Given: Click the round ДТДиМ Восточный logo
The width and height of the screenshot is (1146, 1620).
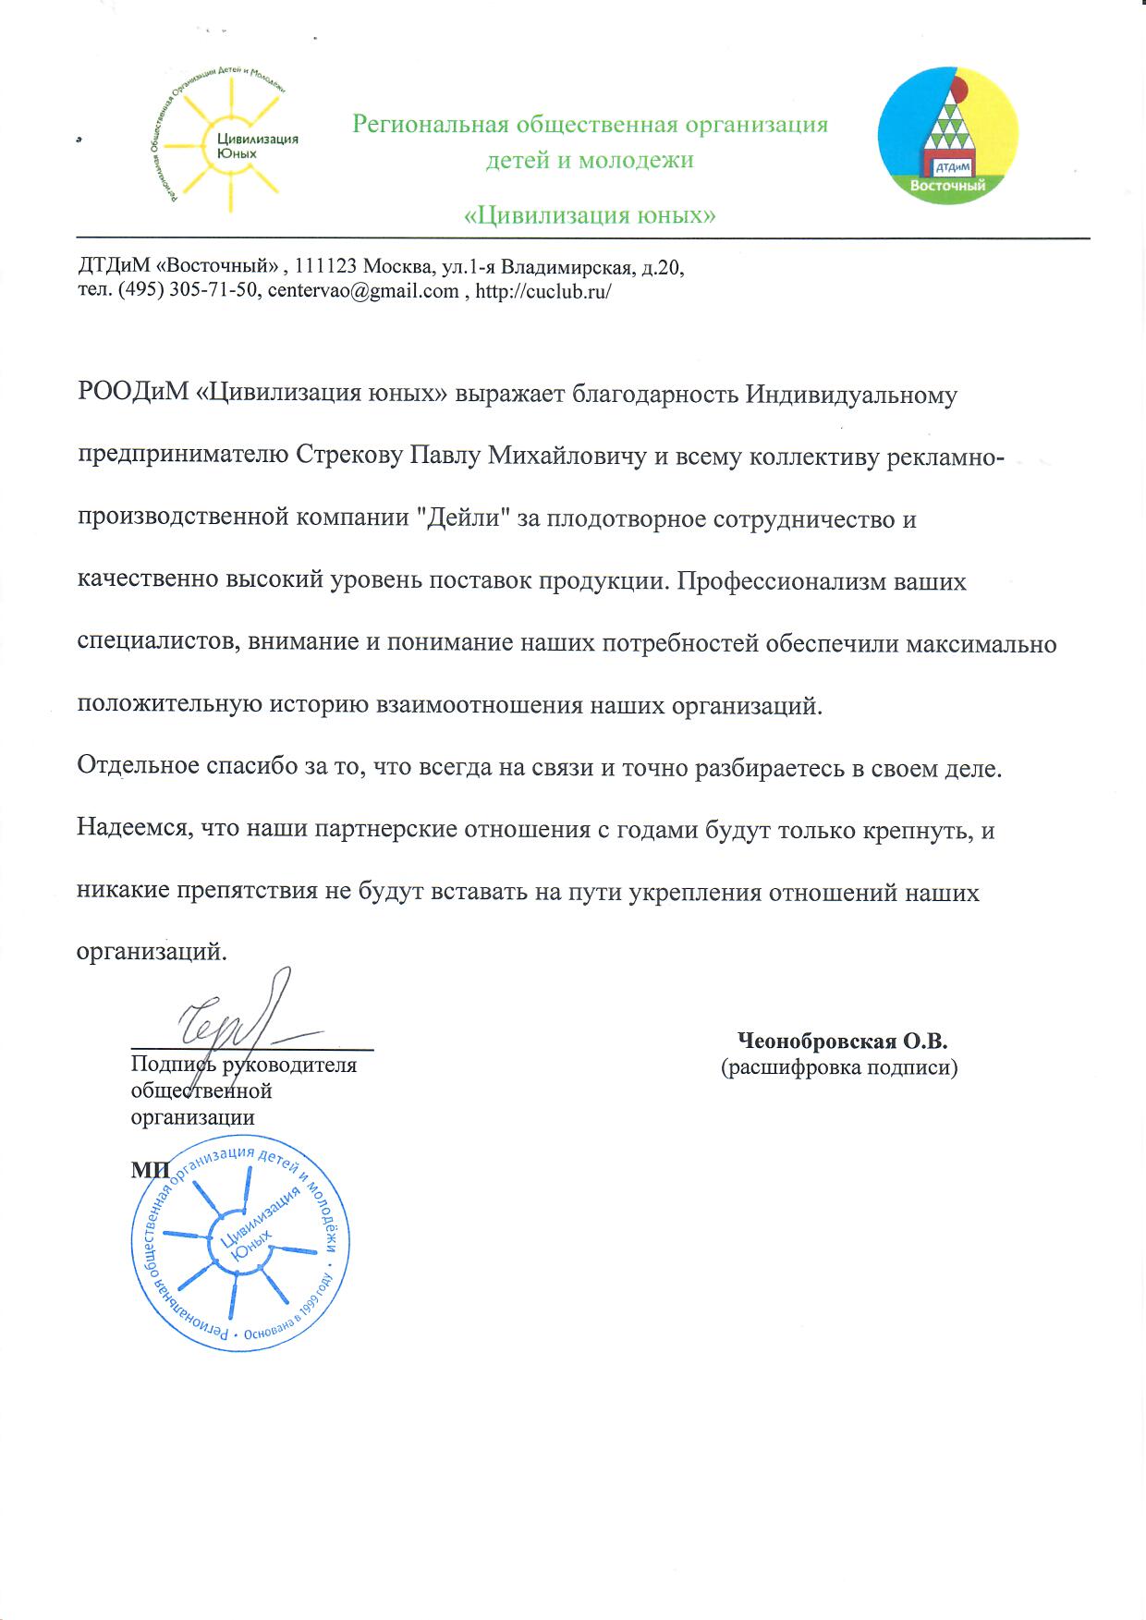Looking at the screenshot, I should pyautogui.click(x=948, y=134).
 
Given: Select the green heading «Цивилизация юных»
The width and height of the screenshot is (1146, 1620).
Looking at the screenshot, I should pyautogui.click(x=589, y=215).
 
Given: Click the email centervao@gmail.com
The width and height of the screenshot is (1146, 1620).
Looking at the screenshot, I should pyautogui.click(x=363, y=291).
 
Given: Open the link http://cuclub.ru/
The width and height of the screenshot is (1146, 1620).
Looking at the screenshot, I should pyautogui.click(x=543, y=291).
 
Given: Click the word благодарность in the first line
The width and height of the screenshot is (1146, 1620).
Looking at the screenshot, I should pyautogui.click(x=642, y=395).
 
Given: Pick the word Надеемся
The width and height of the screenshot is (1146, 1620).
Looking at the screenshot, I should pyautogui.click(x=131, y=829).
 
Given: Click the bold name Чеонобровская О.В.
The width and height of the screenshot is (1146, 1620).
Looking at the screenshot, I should pyautogui.click(x=842, y=1041).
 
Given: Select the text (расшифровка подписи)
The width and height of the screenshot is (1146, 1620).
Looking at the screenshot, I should pyautogui.click(x=838, y=1068).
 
